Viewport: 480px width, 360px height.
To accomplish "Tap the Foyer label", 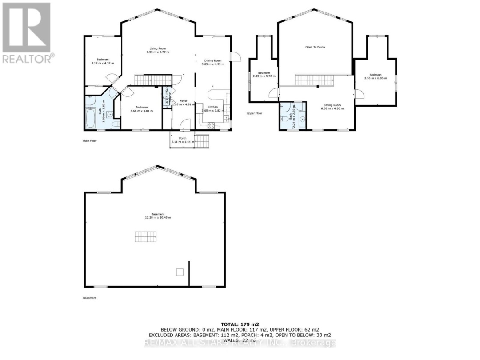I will click(x=183, y=101).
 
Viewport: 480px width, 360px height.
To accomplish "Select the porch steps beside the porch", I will click(x=202, y=141).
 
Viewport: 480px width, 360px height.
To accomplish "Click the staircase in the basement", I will click(x=146, y=236).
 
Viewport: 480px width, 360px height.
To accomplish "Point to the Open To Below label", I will click(x=315, y=47).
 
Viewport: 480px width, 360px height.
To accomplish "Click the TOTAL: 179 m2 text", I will click(x=240, y=324).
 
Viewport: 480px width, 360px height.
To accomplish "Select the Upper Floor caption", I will click(x=254, y=113).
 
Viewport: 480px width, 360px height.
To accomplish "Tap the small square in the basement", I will click(x=180, y=272).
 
